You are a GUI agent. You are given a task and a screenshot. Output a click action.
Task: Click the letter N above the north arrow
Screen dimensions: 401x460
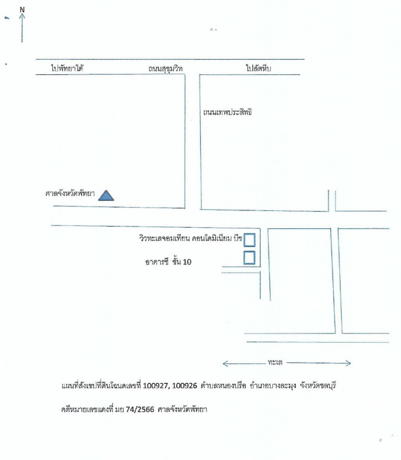click(x=22, y=10)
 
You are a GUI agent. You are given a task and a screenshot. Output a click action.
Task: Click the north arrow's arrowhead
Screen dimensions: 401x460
click(x=22, y=16)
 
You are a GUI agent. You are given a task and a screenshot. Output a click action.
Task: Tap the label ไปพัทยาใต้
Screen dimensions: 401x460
click(x=67, y=68)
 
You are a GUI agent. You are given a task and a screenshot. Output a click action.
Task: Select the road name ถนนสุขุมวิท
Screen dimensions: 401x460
click(x=165, y=68)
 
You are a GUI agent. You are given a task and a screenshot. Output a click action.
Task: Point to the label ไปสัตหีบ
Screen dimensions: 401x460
click(x=258, y=68)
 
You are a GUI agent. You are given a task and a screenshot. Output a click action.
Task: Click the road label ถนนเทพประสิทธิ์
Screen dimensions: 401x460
click(x=227, y=112)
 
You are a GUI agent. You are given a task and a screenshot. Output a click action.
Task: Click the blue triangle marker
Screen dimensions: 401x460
click(x=106, y=195)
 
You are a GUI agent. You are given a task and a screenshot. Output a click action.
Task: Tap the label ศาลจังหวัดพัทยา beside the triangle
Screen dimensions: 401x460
click(x=70, y=193)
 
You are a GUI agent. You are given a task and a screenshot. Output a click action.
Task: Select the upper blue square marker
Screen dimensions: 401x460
click(x=249, y=240)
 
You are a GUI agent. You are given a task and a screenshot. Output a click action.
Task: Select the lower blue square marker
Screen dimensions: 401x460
click(x=249, y=258)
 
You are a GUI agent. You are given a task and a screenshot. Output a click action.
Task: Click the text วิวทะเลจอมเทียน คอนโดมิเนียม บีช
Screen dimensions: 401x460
click(x=191, y=238)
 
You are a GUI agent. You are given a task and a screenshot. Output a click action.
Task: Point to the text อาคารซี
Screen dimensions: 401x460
click(x=156, y=262)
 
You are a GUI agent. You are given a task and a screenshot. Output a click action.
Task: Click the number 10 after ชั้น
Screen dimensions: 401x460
click(x=187, y=262)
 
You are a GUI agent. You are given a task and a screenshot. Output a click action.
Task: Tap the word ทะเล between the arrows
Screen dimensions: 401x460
click(x=275, y=362)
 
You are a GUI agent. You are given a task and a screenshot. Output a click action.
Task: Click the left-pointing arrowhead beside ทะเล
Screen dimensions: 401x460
click(x=225, y=364)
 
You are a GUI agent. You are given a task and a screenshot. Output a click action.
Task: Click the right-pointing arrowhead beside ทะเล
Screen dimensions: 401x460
click(x=348, y=363)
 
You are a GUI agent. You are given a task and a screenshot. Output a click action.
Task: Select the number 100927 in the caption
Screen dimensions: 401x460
click(x=156, y=385)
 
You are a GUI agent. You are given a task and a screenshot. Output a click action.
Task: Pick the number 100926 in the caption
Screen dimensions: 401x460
click(x=184, y=385)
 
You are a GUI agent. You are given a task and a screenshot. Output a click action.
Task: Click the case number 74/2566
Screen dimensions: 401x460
click(x=140, y=409)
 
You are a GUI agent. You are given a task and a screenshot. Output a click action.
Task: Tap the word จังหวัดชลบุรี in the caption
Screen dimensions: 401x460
click(x=318, y=385)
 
